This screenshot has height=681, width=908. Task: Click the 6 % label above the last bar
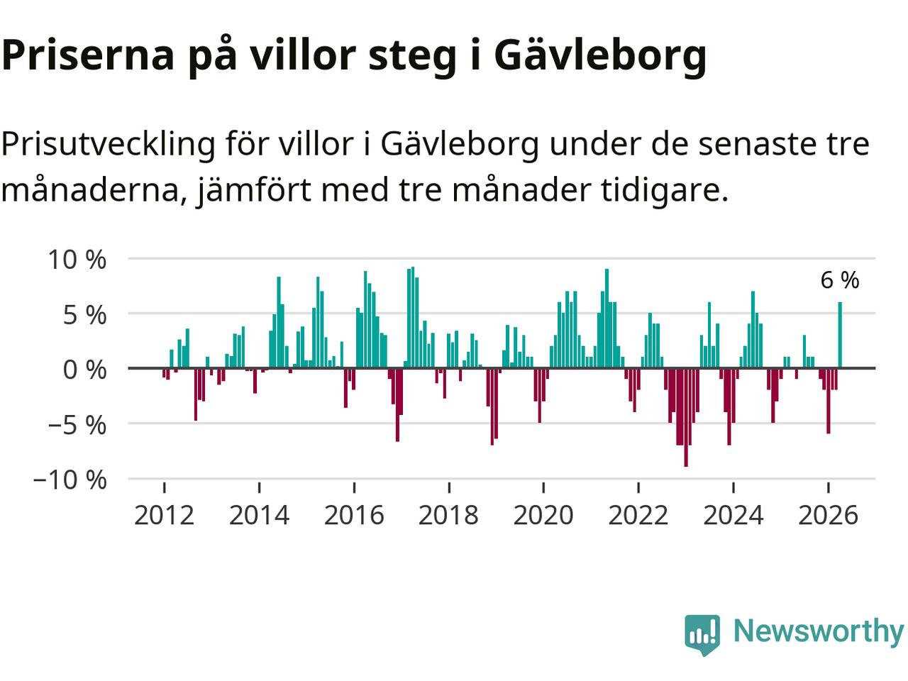pyautogui.click(x=839, y=280)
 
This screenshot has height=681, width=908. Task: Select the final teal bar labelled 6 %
pyautogui.click(x=840, y=335)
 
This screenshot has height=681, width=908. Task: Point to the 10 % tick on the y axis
pyautogui.click(x=77, y=260)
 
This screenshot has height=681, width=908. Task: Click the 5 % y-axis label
pyautogui.click(x=84, y=316)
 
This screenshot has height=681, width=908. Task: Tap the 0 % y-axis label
pyautogui.click(x=84, y=370)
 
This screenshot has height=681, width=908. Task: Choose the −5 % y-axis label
pyautogui.click(x=77, y=425)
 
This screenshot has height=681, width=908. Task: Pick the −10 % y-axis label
pyautogui.click(x=70, y=480)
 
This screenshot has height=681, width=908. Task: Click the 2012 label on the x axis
pyautogui.click(x=165, y=515)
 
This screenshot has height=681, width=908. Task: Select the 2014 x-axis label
pyautogui.click(x=260, y=515)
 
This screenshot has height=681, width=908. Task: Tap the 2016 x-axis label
pyautogui.click(x=354, y=515)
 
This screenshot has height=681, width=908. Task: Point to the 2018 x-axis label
pyautogui.click(x=449, y=515)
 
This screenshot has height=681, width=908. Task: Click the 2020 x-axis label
pyautogui.click(x=543, y=515)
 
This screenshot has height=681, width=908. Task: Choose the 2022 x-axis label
pyautogui.click(x=638, y=515)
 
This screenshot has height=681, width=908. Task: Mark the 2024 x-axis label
pyautogui.click(x=733, y=515)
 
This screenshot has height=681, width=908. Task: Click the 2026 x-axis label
pyautogui.click(x=828, y=515)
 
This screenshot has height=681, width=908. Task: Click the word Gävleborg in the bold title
pyautogui.click(x=600, y=57)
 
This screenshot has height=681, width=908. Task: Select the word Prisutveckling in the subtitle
pyautogui.click(x=109, y=145)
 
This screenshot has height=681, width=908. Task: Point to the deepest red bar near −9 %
pyautogui.click(x=686, y=417)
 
